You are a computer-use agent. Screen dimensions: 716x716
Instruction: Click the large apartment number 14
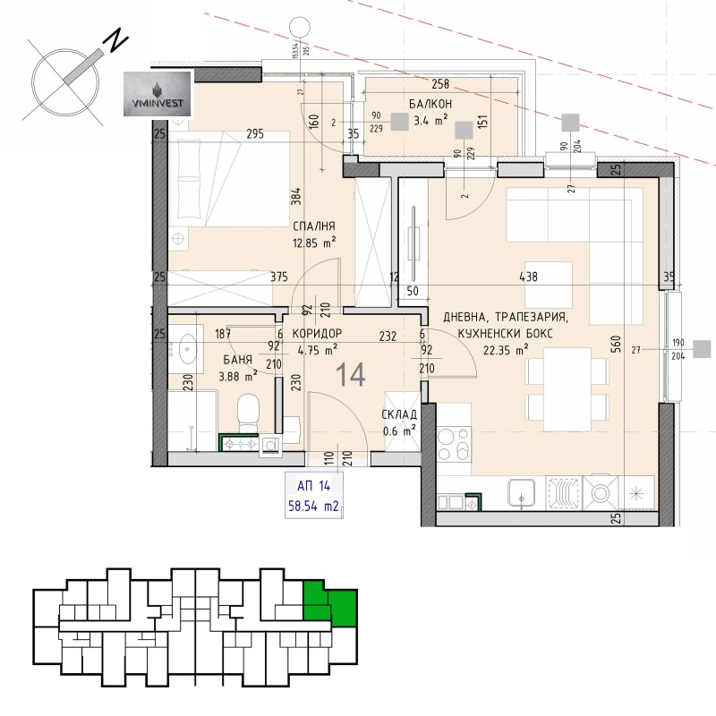click(351, 375)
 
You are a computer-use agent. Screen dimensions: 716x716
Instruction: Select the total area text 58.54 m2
click(312, 506)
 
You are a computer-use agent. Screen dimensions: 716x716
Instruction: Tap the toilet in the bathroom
click(247, 413)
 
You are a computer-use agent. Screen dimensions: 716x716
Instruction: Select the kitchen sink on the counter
click(521, 491)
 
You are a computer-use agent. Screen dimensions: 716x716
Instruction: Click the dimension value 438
click(528, 277)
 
